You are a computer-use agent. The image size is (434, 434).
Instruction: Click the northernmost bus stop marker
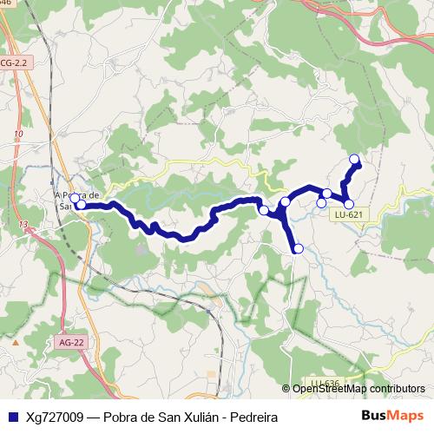pyautogui.click(x=354, y=159)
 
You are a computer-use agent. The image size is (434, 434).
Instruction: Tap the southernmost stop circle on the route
pyautogui.click(x=299, y=249)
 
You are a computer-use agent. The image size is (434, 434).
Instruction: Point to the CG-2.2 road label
pyautogui.click(x=15, y=63)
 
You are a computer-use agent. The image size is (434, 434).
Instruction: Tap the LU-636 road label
pyautogui.click(x=325, y=383)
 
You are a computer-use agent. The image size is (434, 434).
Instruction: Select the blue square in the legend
pyautogui.click(x=12, y=418)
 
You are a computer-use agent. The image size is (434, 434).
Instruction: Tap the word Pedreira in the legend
pyautogui.click(x=253, y=418)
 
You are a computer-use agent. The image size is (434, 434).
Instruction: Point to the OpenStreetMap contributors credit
pyautogui.click(x=359, y=389)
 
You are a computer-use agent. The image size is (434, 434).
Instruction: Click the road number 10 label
pyautogui.click(x=18, y=134)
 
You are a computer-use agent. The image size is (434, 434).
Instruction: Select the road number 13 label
pyautogui.click(x=23, y=225)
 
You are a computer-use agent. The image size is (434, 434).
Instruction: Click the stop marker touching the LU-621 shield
pyautogui.click(x=349, y=204)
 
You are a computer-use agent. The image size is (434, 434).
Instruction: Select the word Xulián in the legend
pyautogui.click(x=193, y=418)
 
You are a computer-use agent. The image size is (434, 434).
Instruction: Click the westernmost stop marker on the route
pyautogui.click(x=75, y=199)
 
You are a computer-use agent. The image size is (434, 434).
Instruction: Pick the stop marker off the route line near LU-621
pyautogui.click(x=321, y=203)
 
